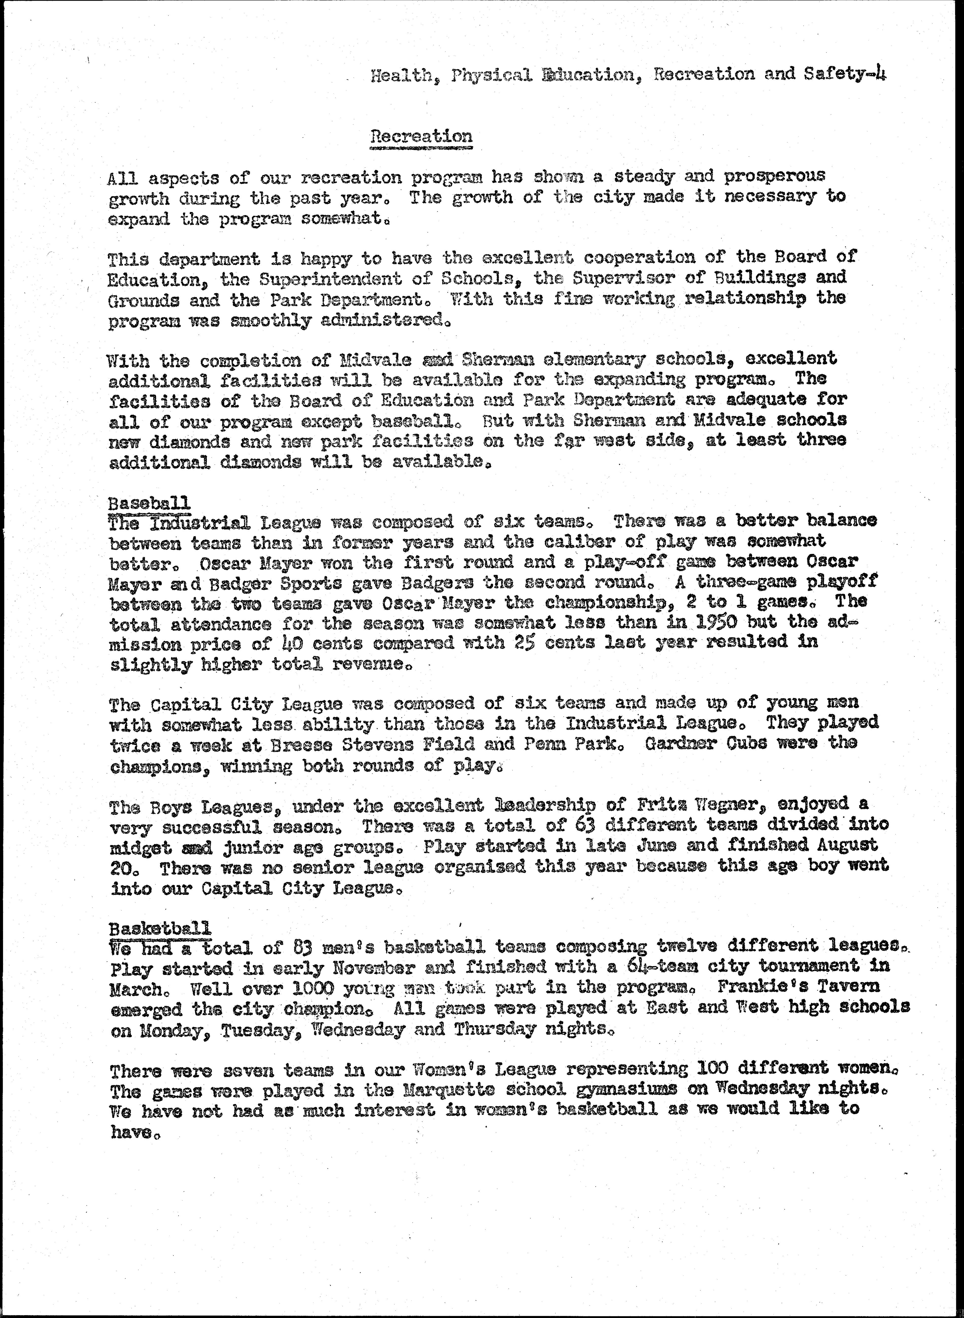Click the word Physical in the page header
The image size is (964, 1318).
491,75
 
